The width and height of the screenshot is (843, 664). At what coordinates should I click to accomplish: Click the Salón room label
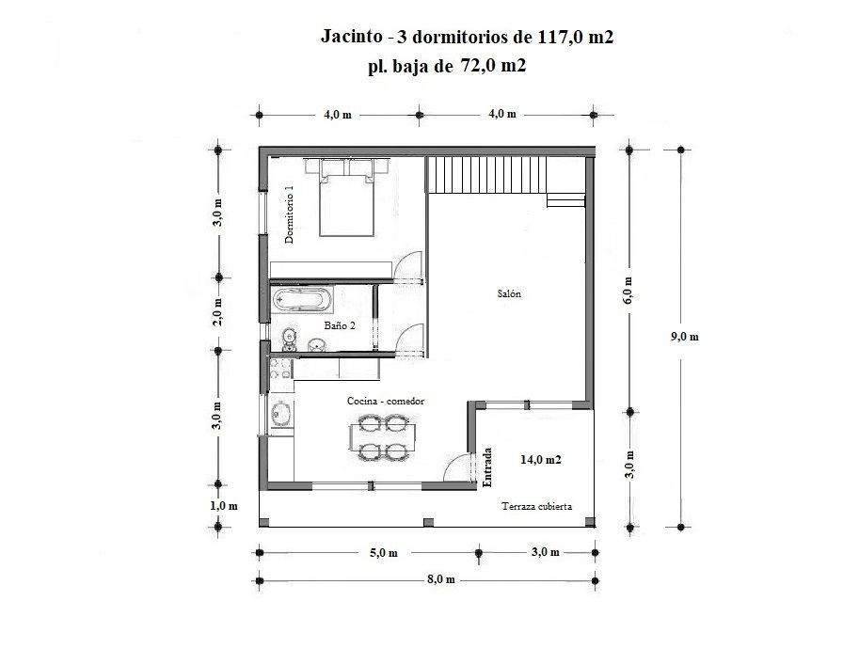(509, 293)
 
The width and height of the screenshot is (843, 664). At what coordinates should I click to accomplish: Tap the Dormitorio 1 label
(289, 214)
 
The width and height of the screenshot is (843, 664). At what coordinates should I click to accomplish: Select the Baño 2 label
(340, 325)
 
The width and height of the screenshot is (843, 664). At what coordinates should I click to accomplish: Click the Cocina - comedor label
(386, 401)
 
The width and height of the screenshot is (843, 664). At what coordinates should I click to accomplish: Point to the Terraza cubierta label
(536, 506)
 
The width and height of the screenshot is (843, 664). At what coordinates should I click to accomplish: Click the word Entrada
(487, 466)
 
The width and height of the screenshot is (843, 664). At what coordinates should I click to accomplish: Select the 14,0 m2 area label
(541, 460)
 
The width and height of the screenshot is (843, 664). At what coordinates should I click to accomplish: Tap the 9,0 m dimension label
(684, 337)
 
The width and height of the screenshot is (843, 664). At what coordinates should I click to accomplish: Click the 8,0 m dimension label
(441, 579)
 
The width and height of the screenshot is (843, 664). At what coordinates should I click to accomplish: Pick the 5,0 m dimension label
(383, 553)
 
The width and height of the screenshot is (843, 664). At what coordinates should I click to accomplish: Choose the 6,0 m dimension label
(628, 291)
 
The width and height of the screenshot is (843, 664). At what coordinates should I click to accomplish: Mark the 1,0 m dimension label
(224, 506)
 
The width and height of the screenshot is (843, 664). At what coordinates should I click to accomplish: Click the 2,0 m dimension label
(217, 312)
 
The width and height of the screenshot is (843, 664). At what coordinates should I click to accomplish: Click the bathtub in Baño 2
(301, 300)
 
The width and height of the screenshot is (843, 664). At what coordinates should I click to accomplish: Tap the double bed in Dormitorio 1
(346, 198)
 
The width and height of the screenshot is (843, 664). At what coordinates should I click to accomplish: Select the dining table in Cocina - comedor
(382, 438)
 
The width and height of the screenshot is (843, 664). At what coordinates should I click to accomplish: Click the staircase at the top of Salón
(487, 175)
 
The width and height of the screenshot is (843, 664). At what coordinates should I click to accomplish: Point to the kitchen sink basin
(280, 414)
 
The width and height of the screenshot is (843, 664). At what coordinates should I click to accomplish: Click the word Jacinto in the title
(352, 37)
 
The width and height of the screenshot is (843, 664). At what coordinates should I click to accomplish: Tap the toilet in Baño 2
(289, 339)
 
